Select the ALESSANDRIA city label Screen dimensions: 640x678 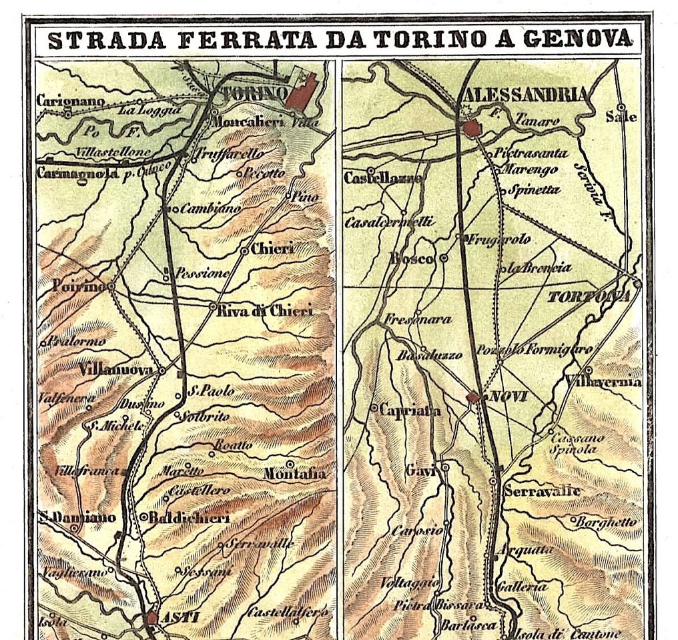pyautogui.click(x=525, y=94)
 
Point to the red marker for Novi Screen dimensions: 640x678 pyautogui.click(x=473, y=397)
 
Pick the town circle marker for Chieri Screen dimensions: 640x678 pyautogui.click(x=245, y=251)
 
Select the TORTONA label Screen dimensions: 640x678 pyautogui.click(x=589, y=296)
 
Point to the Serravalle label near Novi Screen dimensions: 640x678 pyautogui.click(x=542, y=492)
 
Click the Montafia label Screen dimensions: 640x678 pyautogui.click(x=295, y=474)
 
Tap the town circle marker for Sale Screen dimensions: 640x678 pyautogui.click(x=621, y=107)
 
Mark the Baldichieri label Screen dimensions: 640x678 pyautogui.click(x=189, y=517)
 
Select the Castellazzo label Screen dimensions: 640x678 pyautogui.click(x=383, y=178)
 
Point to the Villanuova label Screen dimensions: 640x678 pyautogui.click(x=117, y=369)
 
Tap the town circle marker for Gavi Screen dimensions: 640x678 pyautogui.click(x=445, y=468)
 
